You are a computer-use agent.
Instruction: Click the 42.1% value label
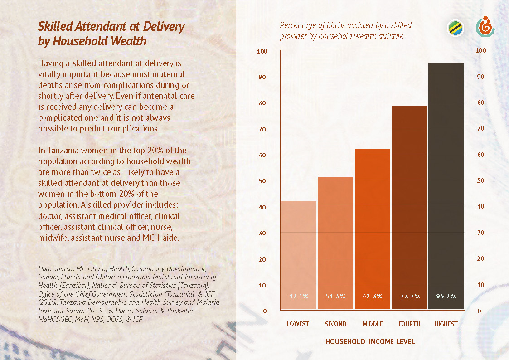299,296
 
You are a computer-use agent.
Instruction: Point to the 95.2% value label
446,296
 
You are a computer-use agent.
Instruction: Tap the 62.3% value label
373,296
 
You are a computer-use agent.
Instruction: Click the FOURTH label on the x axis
409,324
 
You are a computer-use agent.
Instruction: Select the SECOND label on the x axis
335,324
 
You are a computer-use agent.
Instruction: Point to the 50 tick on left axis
262,181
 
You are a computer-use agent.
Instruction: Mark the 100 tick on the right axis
480,50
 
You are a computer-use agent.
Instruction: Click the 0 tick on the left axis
265,311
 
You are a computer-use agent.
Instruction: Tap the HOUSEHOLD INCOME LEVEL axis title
370,341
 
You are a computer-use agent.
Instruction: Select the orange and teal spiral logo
485,28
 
